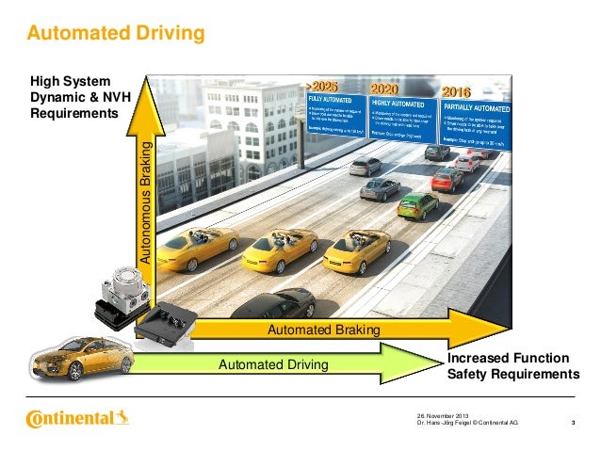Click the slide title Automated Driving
pyautogui.click(x=116, y=35)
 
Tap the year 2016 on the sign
pyautogui.click(x=455, y=92)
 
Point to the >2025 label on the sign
pyautogui.click(x=322, y=87)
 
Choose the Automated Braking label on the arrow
pyautogui.click(x=323, y=330)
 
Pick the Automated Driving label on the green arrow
pyautogui.click(x=273, y=363)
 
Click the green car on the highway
pyautogui.click(x=417, y=204)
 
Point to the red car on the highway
pyautogui.click(x=447, y=179)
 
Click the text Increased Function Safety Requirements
pyautogui.click(x=512, y=366)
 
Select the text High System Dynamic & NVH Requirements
pyautogui.click(x=74, y=97)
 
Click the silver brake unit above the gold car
pyautogui.click(x=125, y=279)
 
